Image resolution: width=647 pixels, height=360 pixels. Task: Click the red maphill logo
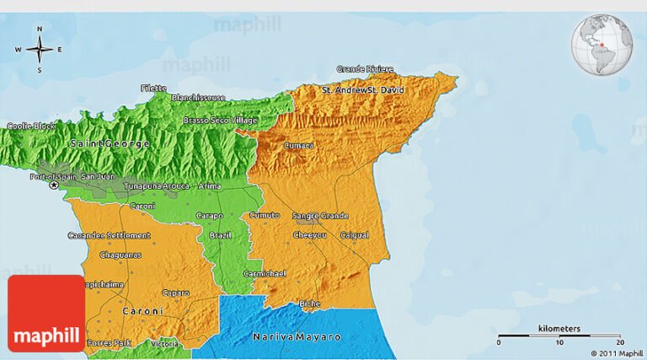tap(46, 314)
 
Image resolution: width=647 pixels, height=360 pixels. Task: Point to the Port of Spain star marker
tap(55, 184)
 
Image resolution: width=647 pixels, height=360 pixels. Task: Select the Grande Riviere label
tap(365, 69)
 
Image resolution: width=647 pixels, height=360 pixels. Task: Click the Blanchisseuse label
tap(198, 98)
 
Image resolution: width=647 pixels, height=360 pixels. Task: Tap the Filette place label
tap(154, 88)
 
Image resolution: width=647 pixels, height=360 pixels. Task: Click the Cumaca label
tap(298, 145)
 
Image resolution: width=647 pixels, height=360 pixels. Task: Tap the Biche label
tap(309, 304)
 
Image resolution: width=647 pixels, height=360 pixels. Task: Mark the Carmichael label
tap(265, 273)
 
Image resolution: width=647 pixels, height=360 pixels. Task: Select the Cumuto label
tap(264, 216)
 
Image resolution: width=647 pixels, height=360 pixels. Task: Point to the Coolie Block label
tap(31, 126)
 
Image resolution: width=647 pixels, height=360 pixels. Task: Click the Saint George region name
tap(110, 144)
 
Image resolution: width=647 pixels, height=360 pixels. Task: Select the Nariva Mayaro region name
tap(297, 336)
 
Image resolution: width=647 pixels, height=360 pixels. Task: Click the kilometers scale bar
tap(559, 336)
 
